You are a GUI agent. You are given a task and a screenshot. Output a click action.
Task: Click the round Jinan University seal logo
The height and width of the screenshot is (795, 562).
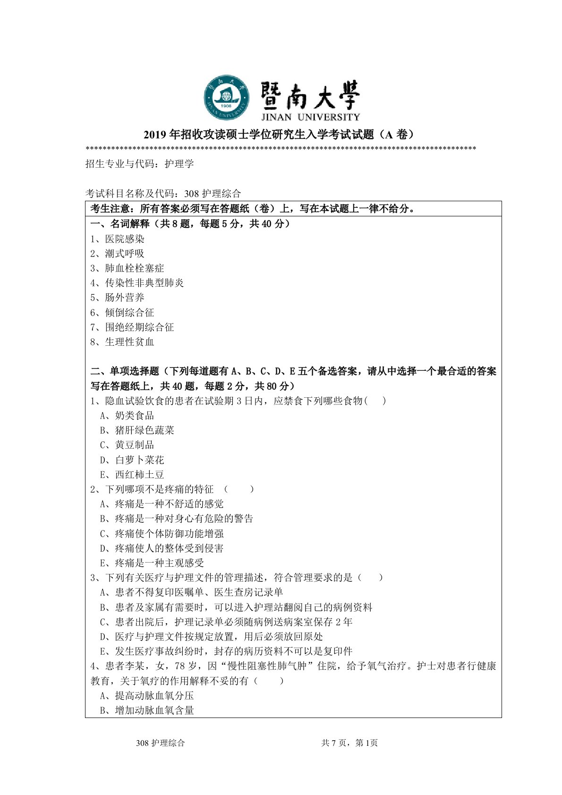point(226,97)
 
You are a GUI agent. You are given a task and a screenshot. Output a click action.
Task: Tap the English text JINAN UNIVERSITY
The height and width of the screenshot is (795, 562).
point(310,117)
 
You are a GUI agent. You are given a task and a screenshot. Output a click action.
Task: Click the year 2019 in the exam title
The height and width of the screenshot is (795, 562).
point(154,135)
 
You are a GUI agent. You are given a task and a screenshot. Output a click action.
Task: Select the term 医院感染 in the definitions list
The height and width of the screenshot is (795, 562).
point(125,239)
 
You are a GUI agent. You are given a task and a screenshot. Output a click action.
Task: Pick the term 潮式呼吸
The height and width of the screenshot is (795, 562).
point(125,254)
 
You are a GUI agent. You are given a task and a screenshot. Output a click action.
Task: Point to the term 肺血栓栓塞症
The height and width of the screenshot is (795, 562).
point(134,268)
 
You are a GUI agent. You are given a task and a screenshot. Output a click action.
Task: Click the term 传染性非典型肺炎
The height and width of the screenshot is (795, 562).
point(144,283)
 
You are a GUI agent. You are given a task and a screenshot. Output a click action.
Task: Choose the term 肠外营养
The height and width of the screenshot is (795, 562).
point(125,298)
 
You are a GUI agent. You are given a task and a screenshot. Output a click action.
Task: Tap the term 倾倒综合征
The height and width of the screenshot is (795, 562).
point(129,313)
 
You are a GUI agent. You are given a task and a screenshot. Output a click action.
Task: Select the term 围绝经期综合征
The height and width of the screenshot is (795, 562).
point(139,327)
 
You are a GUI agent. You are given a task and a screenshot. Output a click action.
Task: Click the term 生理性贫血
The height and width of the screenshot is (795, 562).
point(129,342)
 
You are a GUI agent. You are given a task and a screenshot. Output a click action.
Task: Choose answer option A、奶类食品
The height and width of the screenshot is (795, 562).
point(127,416)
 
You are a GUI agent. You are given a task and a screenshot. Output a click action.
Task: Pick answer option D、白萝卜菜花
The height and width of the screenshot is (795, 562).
point(132,460)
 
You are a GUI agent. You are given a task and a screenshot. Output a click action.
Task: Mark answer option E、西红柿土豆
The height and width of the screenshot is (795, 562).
point(132,475)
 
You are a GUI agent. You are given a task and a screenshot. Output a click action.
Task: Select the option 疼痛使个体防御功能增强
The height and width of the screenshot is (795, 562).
point(162,534)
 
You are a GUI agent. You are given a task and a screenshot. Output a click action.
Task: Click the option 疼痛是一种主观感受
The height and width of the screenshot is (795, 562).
point(152,563)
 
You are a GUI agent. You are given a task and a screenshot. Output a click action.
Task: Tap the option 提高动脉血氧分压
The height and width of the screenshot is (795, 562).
point(147,696)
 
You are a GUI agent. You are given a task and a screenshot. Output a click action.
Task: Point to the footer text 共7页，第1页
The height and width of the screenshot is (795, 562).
point(349,743)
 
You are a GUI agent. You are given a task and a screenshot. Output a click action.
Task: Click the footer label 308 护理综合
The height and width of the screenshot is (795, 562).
point(160,743)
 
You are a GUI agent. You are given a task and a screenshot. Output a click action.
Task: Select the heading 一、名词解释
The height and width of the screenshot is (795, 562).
point(120,224)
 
